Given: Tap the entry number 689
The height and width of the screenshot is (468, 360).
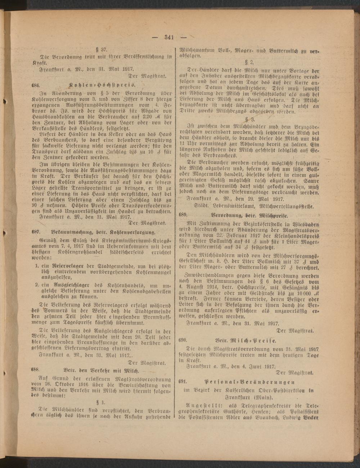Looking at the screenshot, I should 183,214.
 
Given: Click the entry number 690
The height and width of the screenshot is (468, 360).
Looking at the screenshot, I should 183,339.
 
